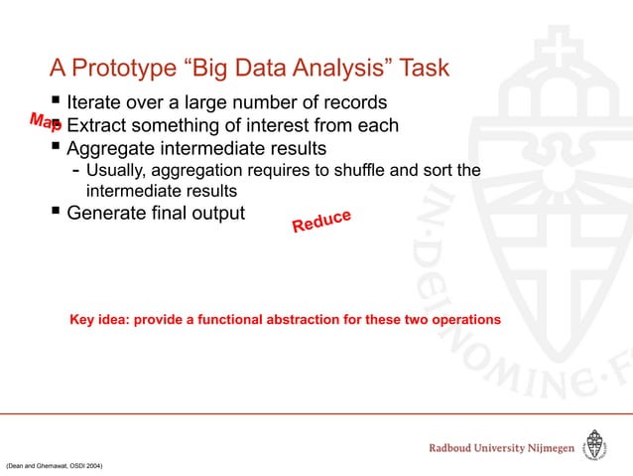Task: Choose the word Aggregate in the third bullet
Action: point(112,150)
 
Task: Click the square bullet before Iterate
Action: point(56,101)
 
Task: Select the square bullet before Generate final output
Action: point(56,211)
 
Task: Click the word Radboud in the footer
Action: point(458,449)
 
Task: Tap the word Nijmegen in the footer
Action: point(544,449)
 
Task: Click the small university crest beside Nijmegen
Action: point(594,447)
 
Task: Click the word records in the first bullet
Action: point(352,102)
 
